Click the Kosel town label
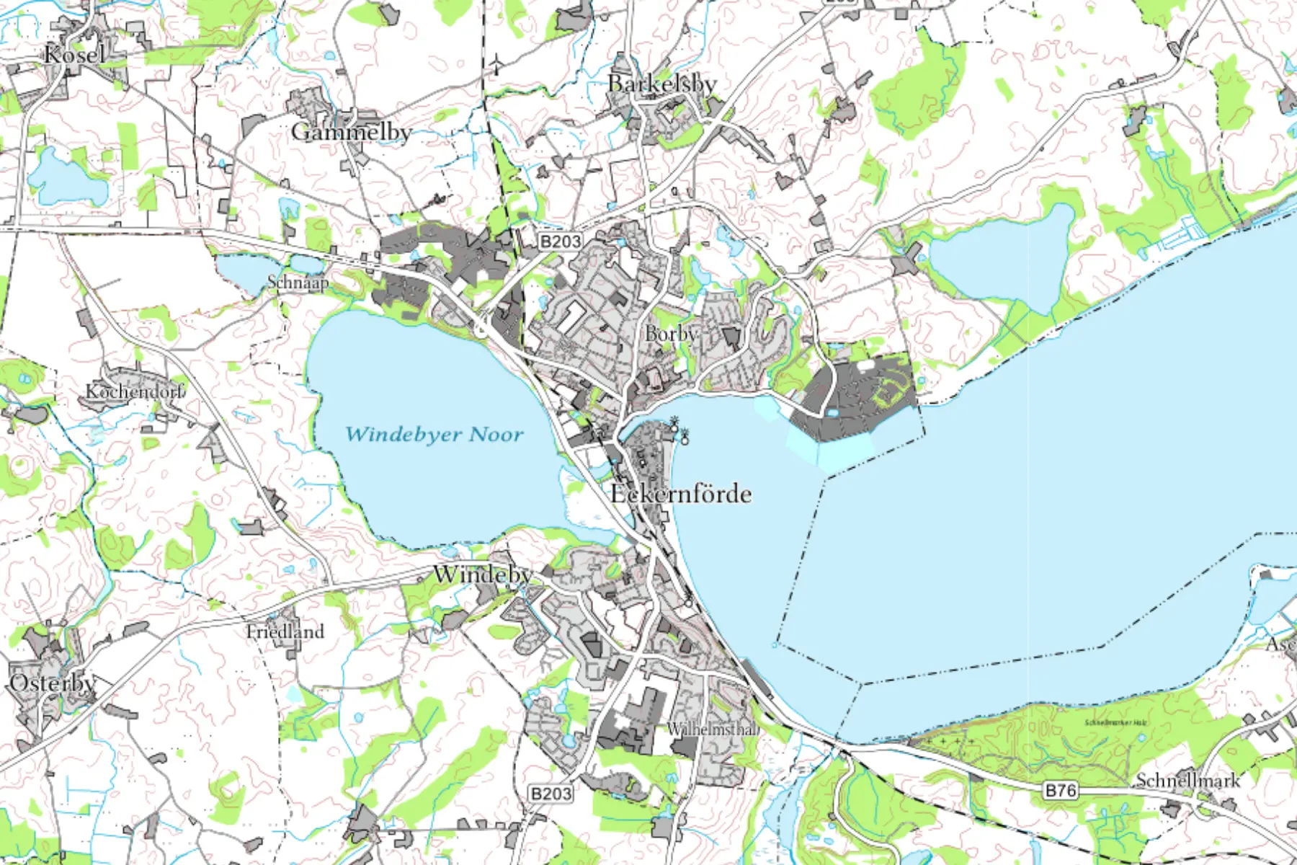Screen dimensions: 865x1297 pyautogui.click(x=74, y=54)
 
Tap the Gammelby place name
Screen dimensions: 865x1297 pyautogui.click(x=351, y=132)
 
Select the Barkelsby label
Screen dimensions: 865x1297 pyautogui.click(x=661, y=84)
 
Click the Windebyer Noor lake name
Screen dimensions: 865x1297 pyautogui.click(x=434, y=435)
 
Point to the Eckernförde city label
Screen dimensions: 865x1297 pyautogui.click(x=680, y=494)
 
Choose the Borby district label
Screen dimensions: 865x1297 pyautogui.click(x=671, y=334)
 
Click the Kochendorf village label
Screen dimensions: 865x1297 pyautogui.click(x=134, y=391)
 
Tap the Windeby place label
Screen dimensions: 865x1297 pyautogui.click(x=482, y=575)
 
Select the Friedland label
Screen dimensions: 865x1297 pyautogui.click(x=285, y=631)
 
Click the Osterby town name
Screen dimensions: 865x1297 pyautogui.click(x=52, y=683)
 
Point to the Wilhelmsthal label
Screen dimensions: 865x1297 pyautogui.click(x=712, y=729)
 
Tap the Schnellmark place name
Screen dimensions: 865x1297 pyautogui.click(x=1188, y=780)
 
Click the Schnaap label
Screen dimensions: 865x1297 pyautogui.click(x=298, y=283)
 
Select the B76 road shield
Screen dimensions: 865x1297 pyautogui.click(x=1061, y=791)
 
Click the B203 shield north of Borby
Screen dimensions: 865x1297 pyautogui.click(x=560, y=241)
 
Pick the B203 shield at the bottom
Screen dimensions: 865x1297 pyautogui.click(x=551, y=794)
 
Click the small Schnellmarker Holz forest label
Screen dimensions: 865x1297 pyautogui.click(x=1115, y=722)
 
